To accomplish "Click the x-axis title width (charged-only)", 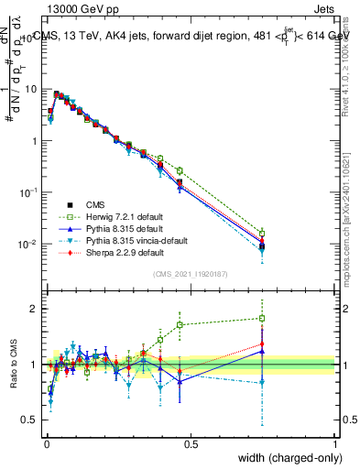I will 283,457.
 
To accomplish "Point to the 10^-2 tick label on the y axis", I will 30,245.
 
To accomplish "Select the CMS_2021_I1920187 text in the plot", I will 191,274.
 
